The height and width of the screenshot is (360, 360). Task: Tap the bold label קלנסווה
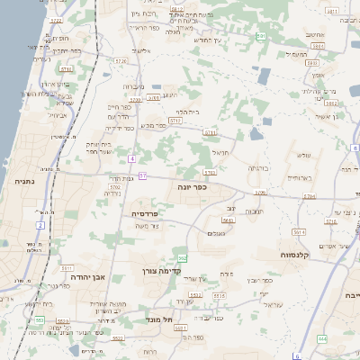[319, 254]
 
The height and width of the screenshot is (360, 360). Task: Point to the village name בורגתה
[258, 168]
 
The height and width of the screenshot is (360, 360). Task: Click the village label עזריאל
[273, 305]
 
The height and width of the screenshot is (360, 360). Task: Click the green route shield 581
[260, 37]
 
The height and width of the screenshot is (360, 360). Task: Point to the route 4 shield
[130, 158]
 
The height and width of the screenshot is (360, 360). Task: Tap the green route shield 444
[321, 338]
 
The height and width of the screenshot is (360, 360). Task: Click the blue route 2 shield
[40, 224]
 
